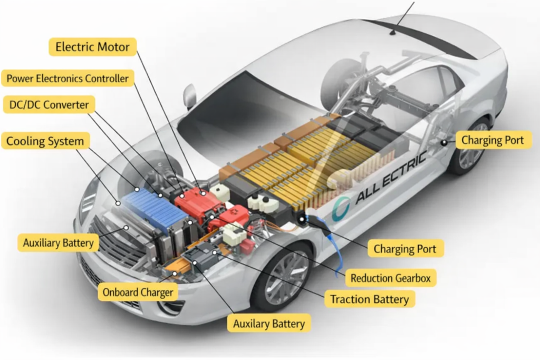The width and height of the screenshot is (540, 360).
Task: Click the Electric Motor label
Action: point(92,46)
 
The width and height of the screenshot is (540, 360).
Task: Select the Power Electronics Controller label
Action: point(67,79)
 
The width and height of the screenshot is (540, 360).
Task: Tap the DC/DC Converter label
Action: point(50,104)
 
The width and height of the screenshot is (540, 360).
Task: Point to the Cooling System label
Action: point(45,141)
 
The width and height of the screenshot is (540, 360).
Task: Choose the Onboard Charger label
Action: point(138,292)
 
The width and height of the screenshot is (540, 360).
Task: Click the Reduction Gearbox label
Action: point(390,278)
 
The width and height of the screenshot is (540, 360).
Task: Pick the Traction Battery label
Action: point(369,299)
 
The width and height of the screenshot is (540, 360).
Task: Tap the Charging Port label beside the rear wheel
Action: point(493,140)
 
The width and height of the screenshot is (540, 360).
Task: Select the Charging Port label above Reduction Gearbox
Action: point(405,248)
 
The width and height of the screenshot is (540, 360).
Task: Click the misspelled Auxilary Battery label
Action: point(269,324)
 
